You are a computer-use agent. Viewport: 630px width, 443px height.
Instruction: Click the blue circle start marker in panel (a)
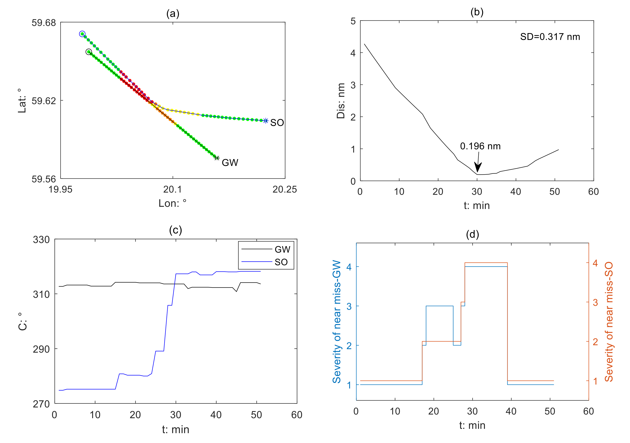coord(82,34)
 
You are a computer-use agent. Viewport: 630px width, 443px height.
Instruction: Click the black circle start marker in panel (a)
coord(88,52)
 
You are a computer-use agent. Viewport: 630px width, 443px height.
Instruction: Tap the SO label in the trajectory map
coord(277,123)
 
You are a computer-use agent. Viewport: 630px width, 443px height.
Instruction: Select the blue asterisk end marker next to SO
coord(266,121)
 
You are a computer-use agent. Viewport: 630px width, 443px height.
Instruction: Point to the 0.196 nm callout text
coord(480,146)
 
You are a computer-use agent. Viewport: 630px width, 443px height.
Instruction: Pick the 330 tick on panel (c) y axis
coord(41,240)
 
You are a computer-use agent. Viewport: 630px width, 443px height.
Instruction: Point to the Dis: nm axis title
coord(341,101)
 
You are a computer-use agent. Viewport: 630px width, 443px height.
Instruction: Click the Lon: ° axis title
coord(172,203)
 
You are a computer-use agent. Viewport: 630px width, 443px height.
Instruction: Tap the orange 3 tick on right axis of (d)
coord(595,302)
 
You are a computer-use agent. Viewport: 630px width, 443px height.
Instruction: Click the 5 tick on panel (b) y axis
coord(353,21)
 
